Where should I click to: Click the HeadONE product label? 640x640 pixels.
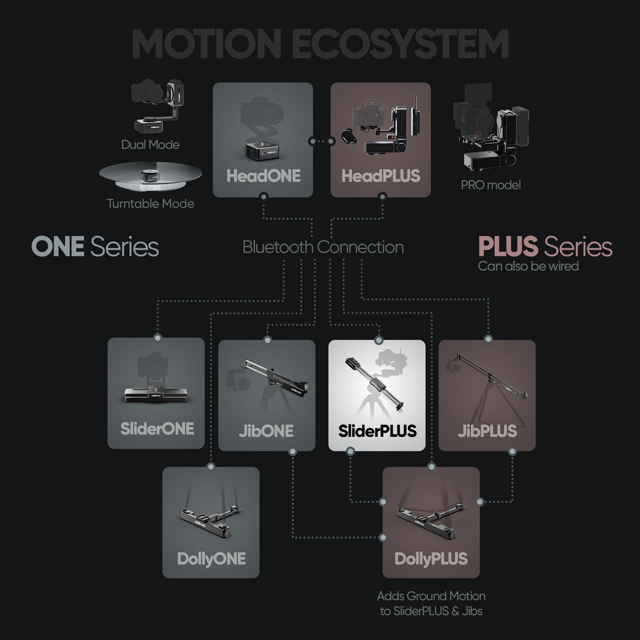tap(263, 176)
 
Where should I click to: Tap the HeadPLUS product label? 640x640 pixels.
tap(380, 176)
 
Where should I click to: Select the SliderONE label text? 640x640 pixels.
tap(157, 429)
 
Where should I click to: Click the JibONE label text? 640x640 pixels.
tap(266, 431)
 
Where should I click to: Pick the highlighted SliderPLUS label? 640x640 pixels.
tap(377, 431)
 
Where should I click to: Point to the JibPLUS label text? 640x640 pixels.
tap(487, 431)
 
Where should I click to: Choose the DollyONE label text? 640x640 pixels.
tap(211, 559)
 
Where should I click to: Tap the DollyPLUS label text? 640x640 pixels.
tap(431, 559)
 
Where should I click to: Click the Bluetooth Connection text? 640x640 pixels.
tap(323, 247)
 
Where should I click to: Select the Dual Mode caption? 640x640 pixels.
tap(150, 144)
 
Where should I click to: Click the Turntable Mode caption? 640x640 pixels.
tap(150, 204)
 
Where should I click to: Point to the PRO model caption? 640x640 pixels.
tap(491, 185)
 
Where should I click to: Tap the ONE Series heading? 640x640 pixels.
tap(95, 247)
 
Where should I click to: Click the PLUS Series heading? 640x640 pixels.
tap(545, 247)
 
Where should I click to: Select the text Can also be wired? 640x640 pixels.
tap(528, 266)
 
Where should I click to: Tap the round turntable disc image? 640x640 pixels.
tap(150, 176)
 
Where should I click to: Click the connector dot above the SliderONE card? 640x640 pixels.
tap(157, 338)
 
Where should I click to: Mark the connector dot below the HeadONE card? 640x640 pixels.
tap(264, 196)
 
